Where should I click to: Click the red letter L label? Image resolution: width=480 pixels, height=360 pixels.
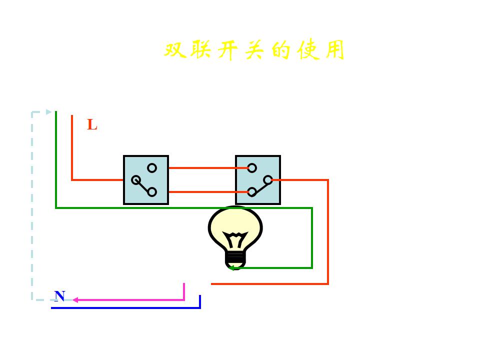[x=92, y=124]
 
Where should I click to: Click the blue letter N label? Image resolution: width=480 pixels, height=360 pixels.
[x=59, y=296]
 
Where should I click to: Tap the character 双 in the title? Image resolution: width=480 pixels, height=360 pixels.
[x=175, y=50]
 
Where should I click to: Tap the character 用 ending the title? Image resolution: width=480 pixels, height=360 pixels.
[x=334, y=50]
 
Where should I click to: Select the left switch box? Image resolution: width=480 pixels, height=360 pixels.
[x=146, y=180]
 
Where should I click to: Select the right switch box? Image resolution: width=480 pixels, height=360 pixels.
[x=258, y=180]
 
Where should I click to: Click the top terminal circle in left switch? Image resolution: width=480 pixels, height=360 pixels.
[x=152, y=168]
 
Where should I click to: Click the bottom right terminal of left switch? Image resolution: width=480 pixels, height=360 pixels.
[x=152, y=192]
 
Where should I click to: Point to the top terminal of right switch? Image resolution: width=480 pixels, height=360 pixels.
[x=252, y=168]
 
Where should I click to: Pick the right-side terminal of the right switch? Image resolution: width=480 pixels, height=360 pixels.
[x=268, y=180]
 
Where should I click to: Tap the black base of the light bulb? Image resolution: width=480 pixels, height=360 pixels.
[x=235, y=259]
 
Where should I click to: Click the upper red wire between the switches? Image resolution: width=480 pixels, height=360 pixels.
[x=202, y=168]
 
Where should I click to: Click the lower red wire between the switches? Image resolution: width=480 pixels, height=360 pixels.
[x=202, y=191]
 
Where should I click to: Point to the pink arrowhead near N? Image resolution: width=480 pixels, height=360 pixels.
[x=75, y=300]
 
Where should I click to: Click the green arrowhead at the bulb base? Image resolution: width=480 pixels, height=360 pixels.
[x=231, y=268]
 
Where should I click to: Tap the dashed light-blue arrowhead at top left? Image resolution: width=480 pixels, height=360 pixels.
[x=49, y=112]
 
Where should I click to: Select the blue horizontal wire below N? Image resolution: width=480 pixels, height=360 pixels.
[x=125, y=308]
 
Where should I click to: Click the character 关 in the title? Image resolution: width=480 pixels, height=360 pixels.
[x=255, y=50]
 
